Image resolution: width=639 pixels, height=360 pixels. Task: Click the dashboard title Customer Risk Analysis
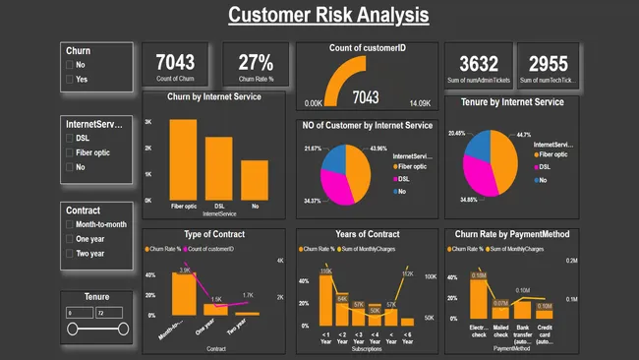pos(328,15)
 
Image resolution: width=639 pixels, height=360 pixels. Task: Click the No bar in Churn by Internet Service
pos(255,180)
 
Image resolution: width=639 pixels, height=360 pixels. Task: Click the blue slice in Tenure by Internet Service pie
pos(477,148)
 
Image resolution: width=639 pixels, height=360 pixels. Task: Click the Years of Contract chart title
pos(364,234)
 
